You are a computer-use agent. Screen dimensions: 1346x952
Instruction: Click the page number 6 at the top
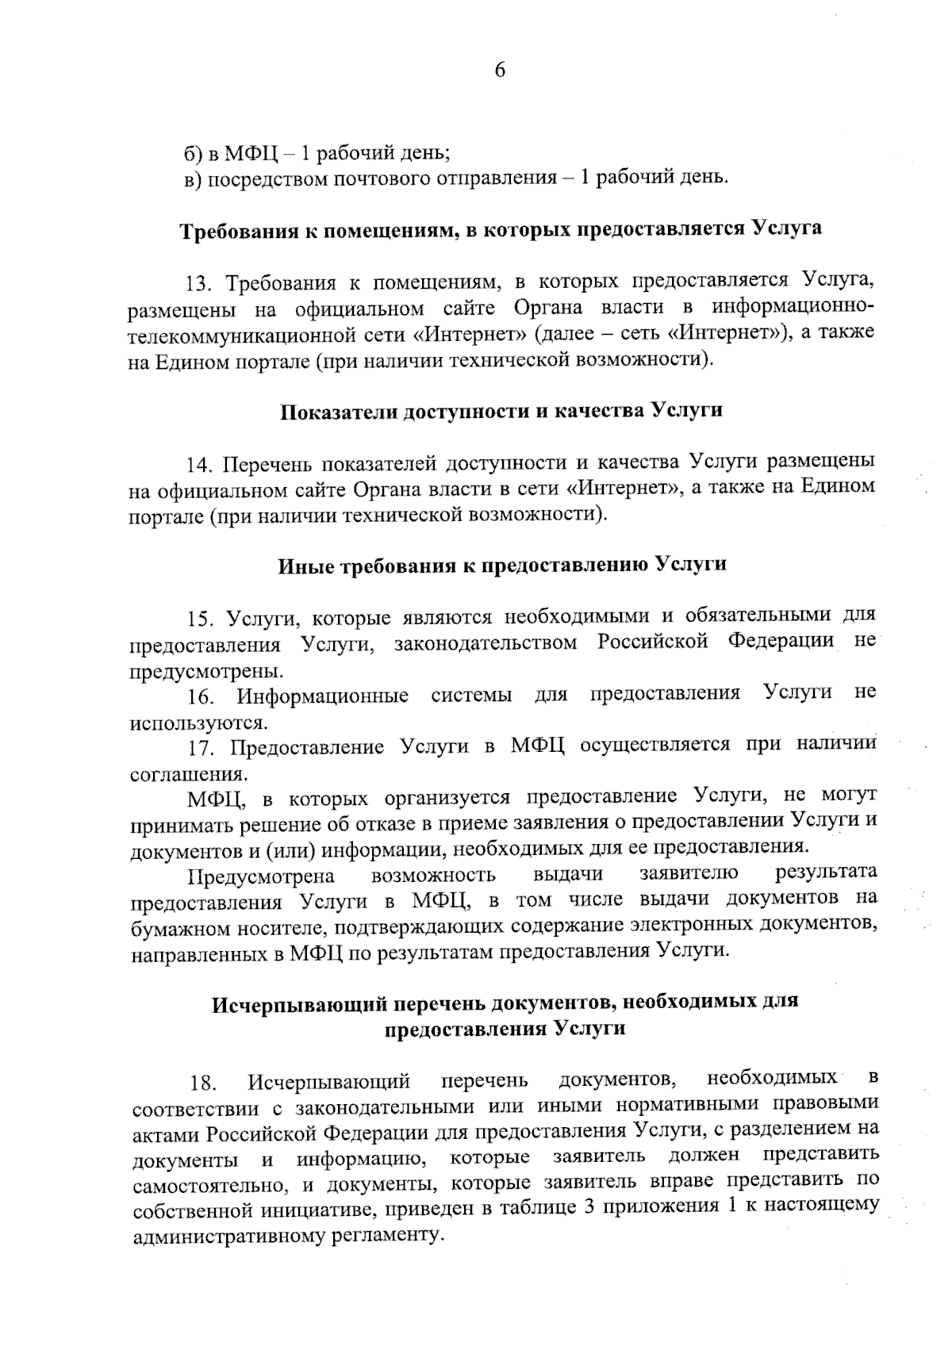click(500, 71)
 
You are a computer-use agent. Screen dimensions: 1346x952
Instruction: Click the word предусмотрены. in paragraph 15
click(205, 671)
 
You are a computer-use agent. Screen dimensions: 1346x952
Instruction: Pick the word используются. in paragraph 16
click(198, 723)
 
